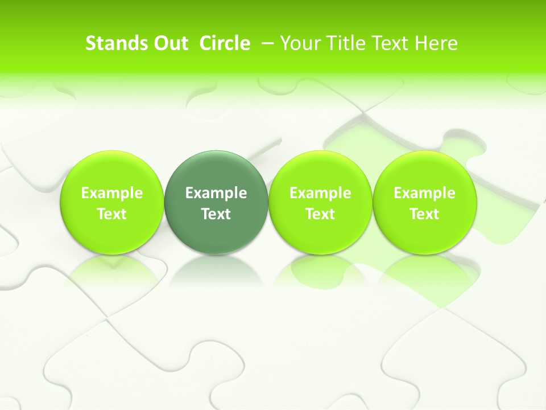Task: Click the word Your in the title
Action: tap(299, 43)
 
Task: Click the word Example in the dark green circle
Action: tap(216, 193)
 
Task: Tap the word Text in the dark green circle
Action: tap(216, 214)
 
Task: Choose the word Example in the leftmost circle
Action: tap(112, 193)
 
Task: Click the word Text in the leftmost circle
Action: tap(112, 214)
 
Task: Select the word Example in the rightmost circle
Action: tap(425, 193)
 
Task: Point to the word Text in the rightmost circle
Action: tap(425, 214)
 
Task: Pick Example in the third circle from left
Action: tap(320, 193)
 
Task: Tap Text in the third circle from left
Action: tap(320, 214)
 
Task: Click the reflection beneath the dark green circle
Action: tap(216, 271)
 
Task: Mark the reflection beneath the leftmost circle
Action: tap(112, 271)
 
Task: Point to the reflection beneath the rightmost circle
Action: tap(425, 271)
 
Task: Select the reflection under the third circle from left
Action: tap(320, 271)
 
